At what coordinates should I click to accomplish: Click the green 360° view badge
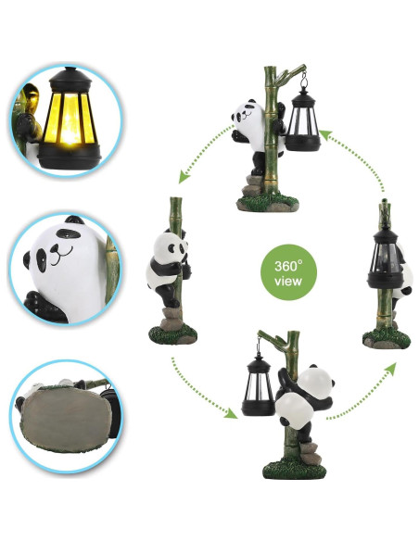286,270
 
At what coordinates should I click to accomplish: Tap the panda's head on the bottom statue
317,379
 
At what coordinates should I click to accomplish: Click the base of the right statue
383,337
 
